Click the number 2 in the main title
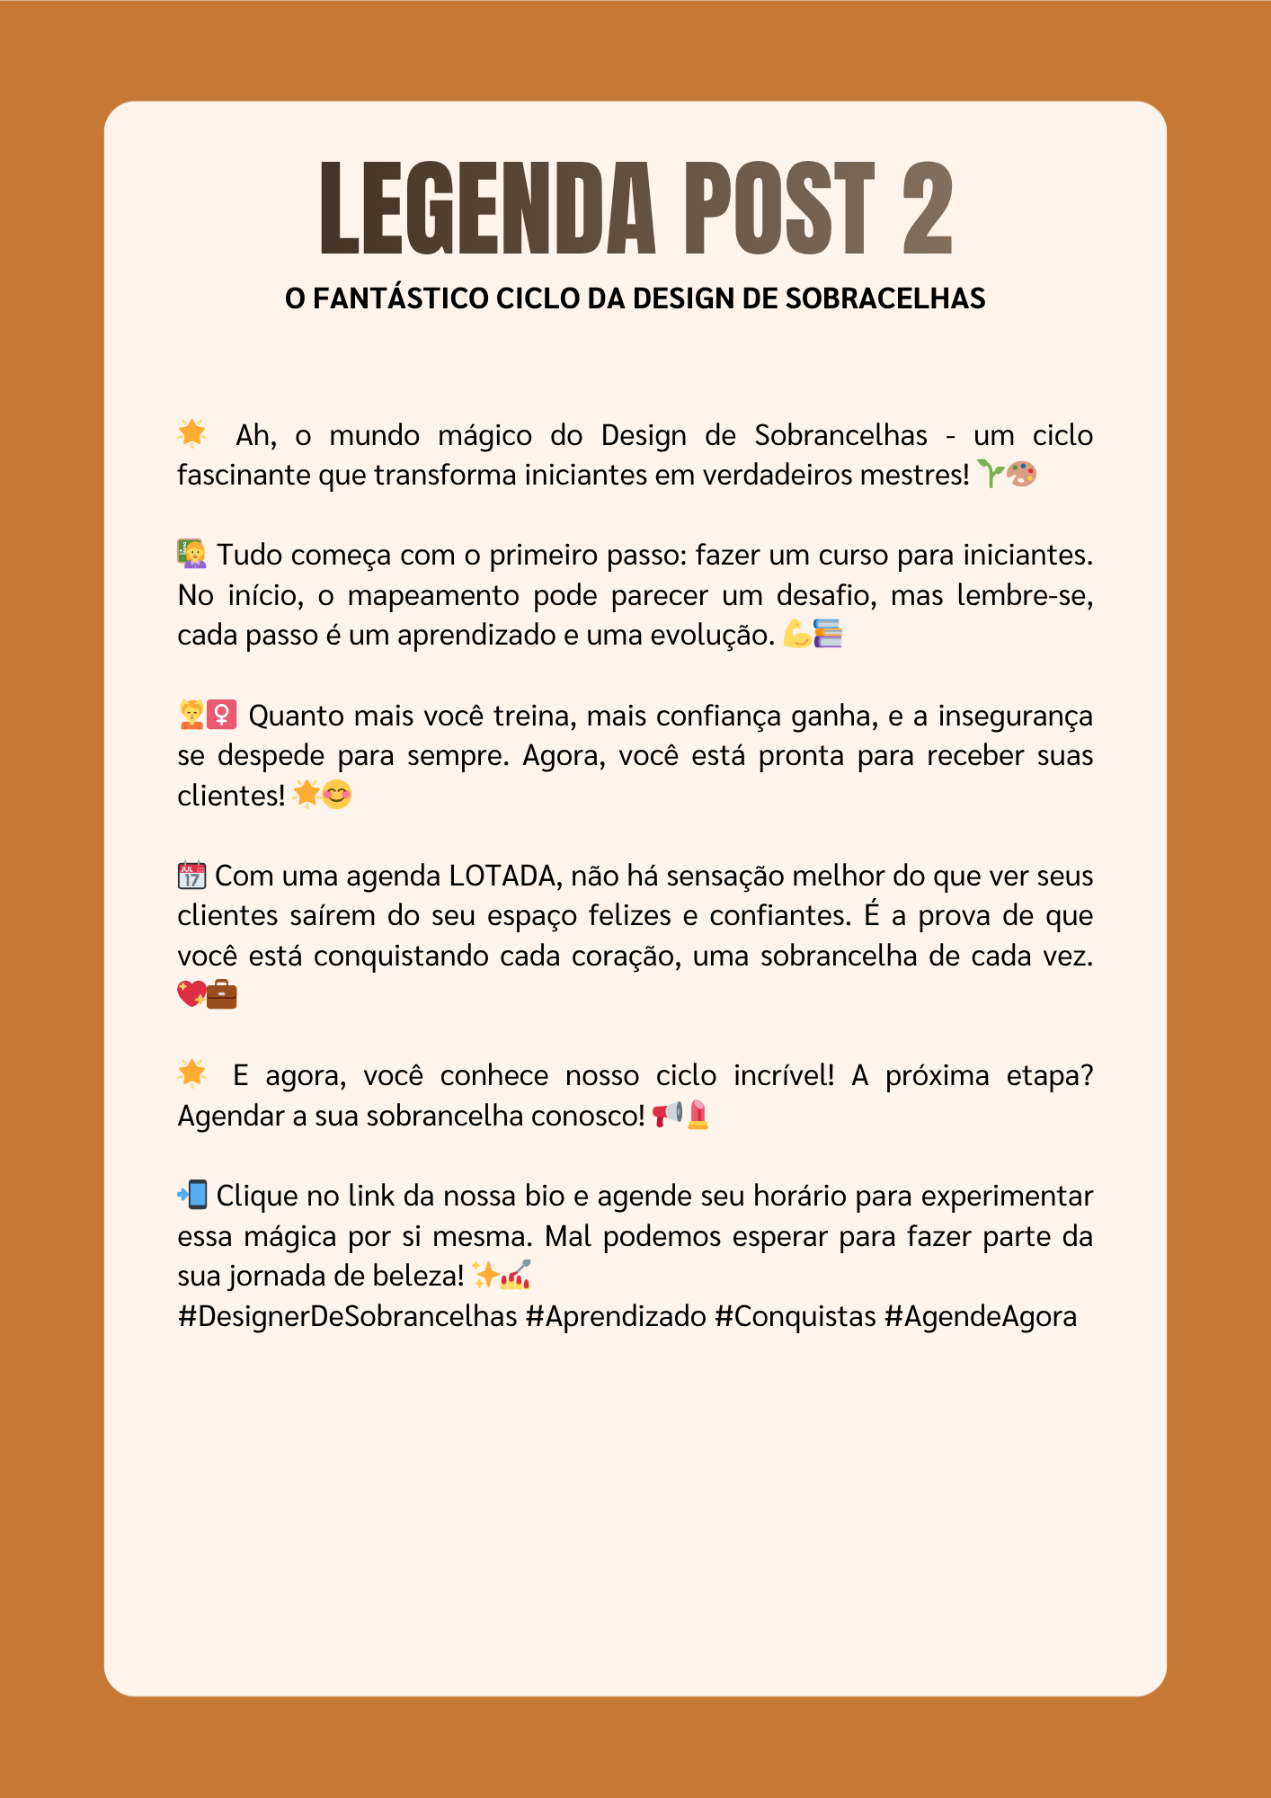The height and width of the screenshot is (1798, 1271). coord(927,209)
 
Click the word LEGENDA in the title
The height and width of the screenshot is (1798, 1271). coord(487,209)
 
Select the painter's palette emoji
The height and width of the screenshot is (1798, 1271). coord(1022,474)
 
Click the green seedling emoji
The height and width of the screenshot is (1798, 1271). coord(990,474)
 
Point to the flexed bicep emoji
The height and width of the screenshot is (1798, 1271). coord(796,634)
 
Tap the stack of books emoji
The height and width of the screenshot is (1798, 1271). coord(828,634)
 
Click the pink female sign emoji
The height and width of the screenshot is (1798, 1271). coord(222,715)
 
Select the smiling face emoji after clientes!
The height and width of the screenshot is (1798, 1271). coord(336,795)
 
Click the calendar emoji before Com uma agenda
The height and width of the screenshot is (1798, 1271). coord(191,875)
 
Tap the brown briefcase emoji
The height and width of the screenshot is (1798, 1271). coord(221,994)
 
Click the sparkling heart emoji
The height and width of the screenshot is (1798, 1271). coord(191,994)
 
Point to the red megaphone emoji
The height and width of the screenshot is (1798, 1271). coord(667,1115)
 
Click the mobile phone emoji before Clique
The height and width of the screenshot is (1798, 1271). coord(192,1195)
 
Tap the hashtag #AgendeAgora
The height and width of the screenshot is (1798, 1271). coord(981,1316)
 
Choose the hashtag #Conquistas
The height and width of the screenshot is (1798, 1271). coord(795,1316)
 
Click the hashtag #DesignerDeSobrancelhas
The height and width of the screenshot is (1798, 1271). coord(348,1316)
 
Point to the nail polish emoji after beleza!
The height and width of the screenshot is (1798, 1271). coord(516,1275)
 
